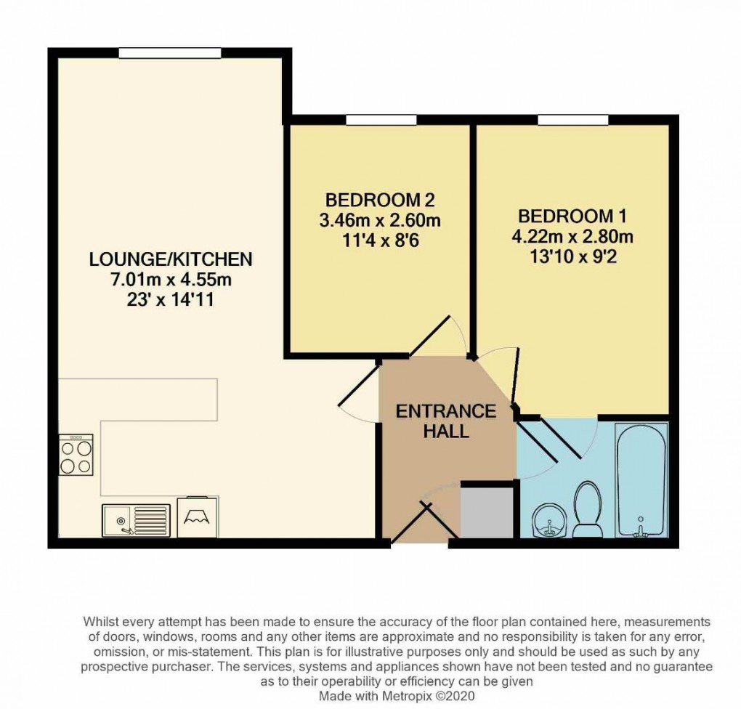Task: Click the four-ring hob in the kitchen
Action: coord(76,455)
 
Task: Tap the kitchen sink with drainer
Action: coord(137,520)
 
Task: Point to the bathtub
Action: coord(641,481)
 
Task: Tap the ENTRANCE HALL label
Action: coord(445,421)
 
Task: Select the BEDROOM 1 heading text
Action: coord(572,216)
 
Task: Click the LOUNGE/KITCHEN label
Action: coord(170,259)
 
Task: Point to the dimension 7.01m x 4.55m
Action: coord(170,280)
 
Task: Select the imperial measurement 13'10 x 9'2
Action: coord(572,256)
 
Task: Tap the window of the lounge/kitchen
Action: coord(169,53)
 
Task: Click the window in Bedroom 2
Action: coord(381,120)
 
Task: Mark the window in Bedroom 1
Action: coord(572,120)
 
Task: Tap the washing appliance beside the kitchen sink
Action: coord(198,517)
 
